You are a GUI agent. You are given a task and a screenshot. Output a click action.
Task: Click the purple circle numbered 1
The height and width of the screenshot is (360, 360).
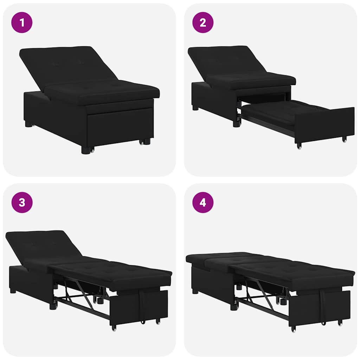22,22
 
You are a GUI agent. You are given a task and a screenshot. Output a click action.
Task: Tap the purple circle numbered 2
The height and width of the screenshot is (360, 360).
203,22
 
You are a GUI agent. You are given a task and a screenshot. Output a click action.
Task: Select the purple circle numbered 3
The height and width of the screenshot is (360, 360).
22,202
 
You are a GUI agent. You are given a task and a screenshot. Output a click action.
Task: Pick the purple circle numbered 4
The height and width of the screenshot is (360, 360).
203,202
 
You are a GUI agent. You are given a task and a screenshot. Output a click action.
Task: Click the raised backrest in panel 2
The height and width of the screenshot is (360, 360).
225,62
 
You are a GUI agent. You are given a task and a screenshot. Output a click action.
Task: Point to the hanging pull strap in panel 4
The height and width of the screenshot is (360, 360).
323,306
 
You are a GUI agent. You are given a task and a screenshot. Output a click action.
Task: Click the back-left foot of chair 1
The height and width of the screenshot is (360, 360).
28,124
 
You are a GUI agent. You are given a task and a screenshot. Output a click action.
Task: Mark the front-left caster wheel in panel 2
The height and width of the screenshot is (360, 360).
299,146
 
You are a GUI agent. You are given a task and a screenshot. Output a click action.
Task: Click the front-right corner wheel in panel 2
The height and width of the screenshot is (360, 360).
345,139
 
